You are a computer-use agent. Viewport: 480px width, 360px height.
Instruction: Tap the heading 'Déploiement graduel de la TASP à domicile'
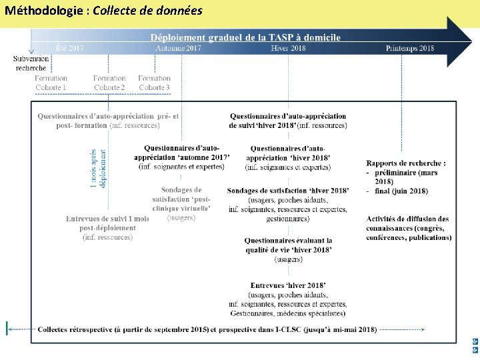click(245, 37)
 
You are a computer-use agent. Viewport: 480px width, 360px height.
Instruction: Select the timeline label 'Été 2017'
click(69, 48)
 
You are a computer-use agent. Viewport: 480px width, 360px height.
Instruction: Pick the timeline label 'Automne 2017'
click(178, 48)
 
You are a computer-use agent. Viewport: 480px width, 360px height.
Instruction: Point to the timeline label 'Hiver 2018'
click(289, 48)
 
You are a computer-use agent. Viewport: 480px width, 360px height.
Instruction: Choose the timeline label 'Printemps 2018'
click(409, 48)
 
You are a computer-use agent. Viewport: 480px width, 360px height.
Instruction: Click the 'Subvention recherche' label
click(31, 63)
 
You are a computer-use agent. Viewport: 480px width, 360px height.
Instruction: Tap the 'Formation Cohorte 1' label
click(51, 83)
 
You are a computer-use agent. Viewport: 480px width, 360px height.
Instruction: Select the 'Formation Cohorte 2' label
click(109, 83)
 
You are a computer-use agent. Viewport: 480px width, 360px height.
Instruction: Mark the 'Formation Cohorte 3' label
click(154, 83)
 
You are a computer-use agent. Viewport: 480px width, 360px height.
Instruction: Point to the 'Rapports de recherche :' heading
click(406, 163)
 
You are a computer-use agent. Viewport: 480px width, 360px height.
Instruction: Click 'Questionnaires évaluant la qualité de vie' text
click(288, 245)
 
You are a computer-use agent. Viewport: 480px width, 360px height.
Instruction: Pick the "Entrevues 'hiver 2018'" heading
click(288, 285)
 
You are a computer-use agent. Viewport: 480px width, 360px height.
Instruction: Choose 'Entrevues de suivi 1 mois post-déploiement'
click(107, 223)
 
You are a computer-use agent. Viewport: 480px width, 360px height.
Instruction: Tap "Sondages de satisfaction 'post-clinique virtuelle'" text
click(181, 199)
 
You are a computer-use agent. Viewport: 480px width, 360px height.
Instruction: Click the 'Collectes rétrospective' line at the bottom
click(207, 329)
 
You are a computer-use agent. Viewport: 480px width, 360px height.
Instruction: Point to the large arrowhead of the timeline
click(459, 42)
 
